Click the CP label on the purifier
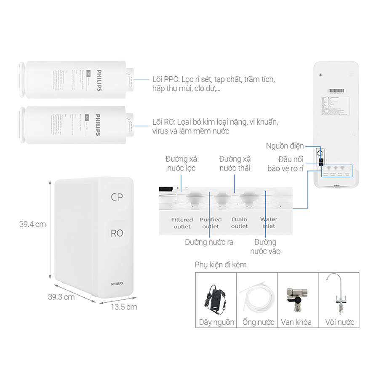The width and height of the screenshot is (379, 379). coord(117,197)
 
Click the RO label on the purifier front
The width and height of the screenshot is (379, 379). coord(117,233)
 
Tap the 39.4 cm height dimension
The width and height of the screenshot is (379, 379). coord(32,224)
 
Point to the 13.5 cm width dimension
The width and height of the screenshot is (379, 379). coord(123,307)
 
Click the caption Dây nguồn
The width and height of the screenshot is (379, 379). coord(216,322)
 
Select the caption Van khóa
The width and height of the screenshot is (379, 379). coord(298,322)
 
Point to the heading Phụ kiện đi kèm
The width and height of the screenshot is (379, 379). coord(221,265)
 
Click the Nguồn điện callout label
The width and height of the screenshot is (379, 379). coord(285,146)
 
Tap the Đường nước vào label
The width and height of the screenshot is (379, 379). coord(265,247)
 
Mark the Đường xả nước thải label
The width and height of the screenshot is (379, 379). coord(235,163)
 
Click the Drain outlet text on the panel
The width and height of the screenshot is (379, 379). coord(239,223)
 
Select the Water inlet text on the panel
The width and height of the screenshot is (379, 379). coord(269,223)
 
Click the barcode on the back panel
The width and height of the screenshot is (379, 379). coord(339,91)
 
